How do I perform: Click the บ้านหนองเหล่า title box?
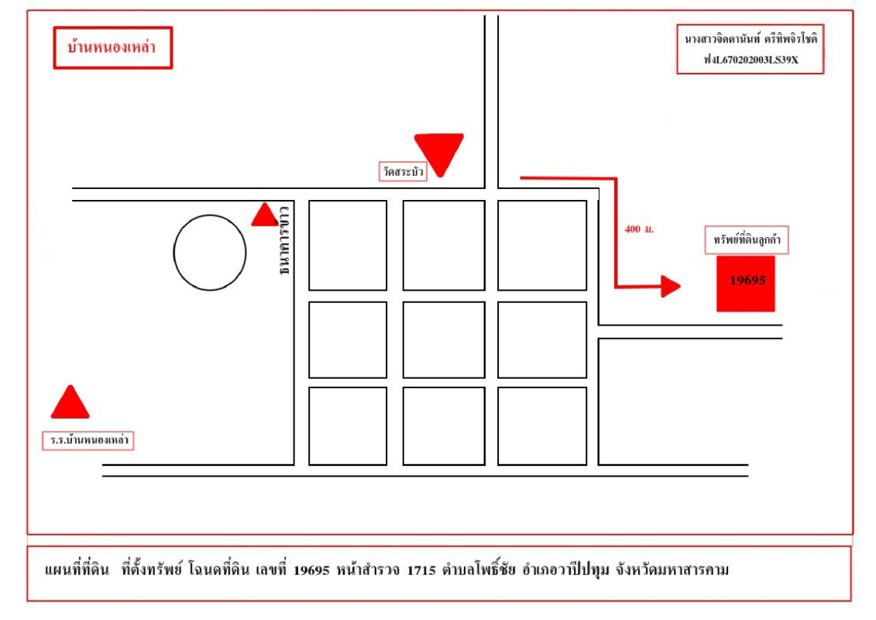coord(112,48)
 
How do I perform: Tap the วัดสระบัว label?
coord(403,172)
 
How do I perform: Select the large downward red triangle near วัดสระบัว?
coord(439,151)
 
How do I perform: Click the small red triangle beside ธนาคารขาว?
coord(265,215)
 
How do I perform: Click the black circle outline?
coord(210,253)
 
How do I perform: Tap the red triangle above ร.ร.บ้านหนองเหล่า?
coord(70,403)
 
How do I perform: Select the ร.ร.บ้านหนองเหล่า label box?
coord(88,441)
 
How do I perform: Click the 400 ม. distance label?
coord(639,230)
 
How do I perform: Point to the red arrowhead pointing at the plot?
coord(670,286)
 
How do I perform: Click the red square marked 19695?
coord(746,282)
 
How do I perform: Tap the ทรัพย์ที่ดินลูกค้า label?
coord(747,240)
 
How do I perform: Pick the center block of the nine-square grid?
coord(444,339)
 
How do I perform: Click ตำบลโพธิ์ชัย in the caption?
coord(479,571)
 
